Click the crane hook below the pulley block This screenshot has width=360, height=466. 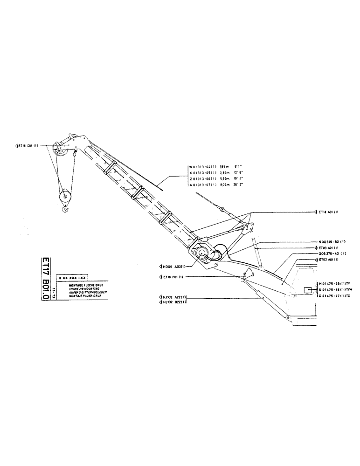65,212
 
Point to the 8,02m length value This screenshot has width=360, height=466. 225,185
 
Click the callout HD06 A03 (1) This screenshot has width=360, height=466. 173,267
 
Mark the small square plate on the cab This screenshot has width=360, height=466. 308,290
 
